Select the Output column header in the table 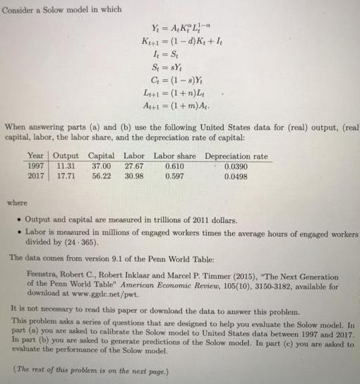(66, 155)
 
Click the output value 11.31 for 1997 (66, 165)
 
